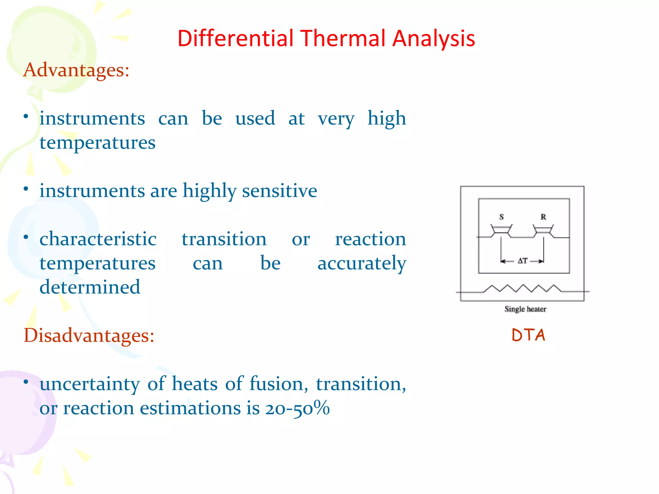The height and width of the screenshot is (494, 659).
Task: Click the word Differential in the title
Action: click(x=236, y=38)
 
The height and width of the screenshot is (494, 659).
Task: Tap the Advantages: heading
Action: click(x=76, y=70)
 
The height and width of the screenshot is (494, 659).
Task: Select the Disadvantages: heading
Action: click(x=89, y=335)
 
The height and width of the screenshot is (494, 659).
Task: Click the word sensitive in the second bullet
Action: click(x=279, y=191)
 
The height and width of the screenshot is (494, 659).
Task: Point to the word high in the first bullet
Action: click(x=386, y=118)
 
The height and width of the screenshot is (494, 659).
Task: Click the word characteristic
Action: click(x=98, y=239)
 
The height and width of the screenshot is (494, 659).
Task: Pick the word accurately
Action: click(x=362, y=263)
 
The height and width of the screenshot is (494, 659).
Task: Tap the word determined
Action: click(x=90, y=287)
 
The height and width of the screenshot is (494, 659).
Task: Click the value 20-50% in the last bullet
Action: click(x=297, y=408)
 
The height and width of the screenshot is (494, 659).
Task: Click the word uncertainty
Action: click(x=90, y=384)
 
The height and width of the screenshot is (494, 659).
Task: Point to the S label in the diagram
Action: click(x=501, y=217)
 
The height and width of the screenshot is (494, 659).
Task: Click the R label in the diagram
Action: click(x=543, y=217)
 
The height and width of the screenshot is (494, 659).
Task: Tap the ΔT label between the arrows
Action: click(x=523, y=261)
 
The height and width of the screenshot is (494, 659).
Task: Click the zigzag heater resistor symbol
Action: click(x=523, y=288)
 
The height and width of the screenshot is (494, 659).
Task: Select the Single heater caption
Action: click(x=525, y=309)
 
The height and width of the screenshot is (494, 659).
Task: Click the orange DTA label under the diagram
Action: click(x=528, y=335)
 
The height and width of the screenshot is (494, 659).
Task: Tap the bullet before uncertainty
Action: click(x=26, y=382)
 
